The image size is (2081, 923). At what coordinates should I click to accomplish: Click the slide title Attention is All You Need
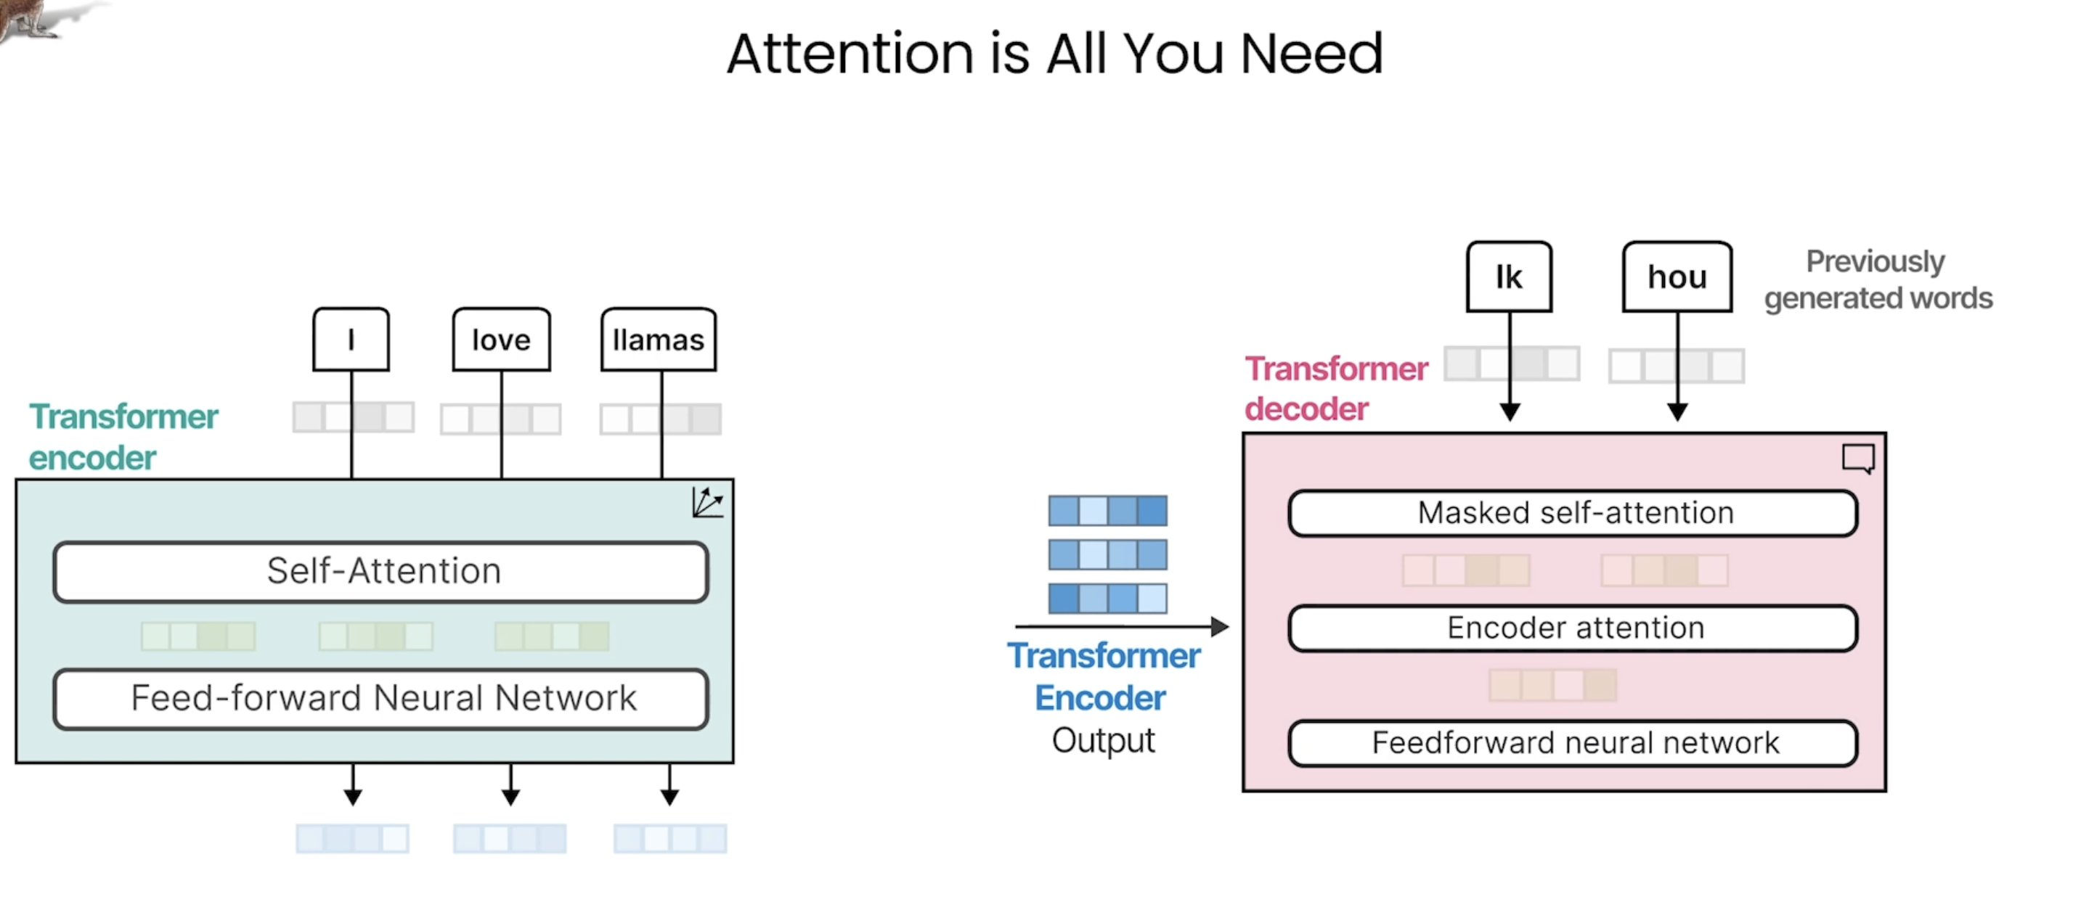1054,53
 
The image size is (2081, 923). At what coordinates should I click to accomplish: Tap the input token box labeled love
502,339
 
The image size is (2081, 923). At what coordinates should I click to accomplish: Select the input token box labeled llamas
659,339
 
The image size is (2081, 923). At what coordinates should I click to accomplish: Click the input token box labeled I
351,339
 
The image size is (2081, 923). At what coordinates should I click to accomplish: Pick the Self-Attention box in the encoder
381,572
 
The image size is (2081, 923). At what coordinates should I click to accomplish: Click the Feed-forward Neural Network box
381,699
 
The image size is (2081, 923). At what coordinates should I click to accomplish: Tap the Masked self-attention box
1573,513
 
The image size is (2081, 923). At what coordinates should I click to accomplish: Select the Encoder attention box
1573,628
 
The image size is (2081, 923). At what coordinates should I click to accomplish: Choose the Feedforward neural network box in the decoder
1573,743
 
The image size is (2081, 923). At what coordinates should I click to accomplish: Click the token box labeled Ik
1509,276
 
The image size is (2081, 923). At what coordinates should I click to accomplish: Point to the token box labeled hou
1678,276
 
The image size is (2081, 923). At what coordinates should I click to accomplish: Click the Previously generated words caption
1878,279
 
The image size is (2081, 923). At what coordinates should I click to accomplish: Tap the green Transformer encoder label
123,437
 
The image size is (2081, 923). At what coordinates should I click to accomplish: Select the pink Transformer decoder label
1336,388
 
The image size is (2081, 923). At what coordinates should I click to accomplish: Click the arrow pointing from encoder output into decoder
1122,625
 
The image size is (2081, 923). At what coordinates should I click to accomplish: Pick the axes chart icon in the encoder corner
708,502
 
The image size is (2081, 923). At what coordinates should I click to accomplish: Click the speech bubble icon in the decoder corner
1859,459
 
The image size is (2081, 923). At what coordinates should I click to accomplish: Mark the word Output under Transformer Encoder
1104,740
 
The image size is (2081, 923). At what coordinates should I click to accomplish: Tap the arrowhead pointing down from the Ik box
1510,412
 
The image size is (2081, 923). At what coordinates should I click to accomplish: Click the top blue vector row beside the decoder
1107,510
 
